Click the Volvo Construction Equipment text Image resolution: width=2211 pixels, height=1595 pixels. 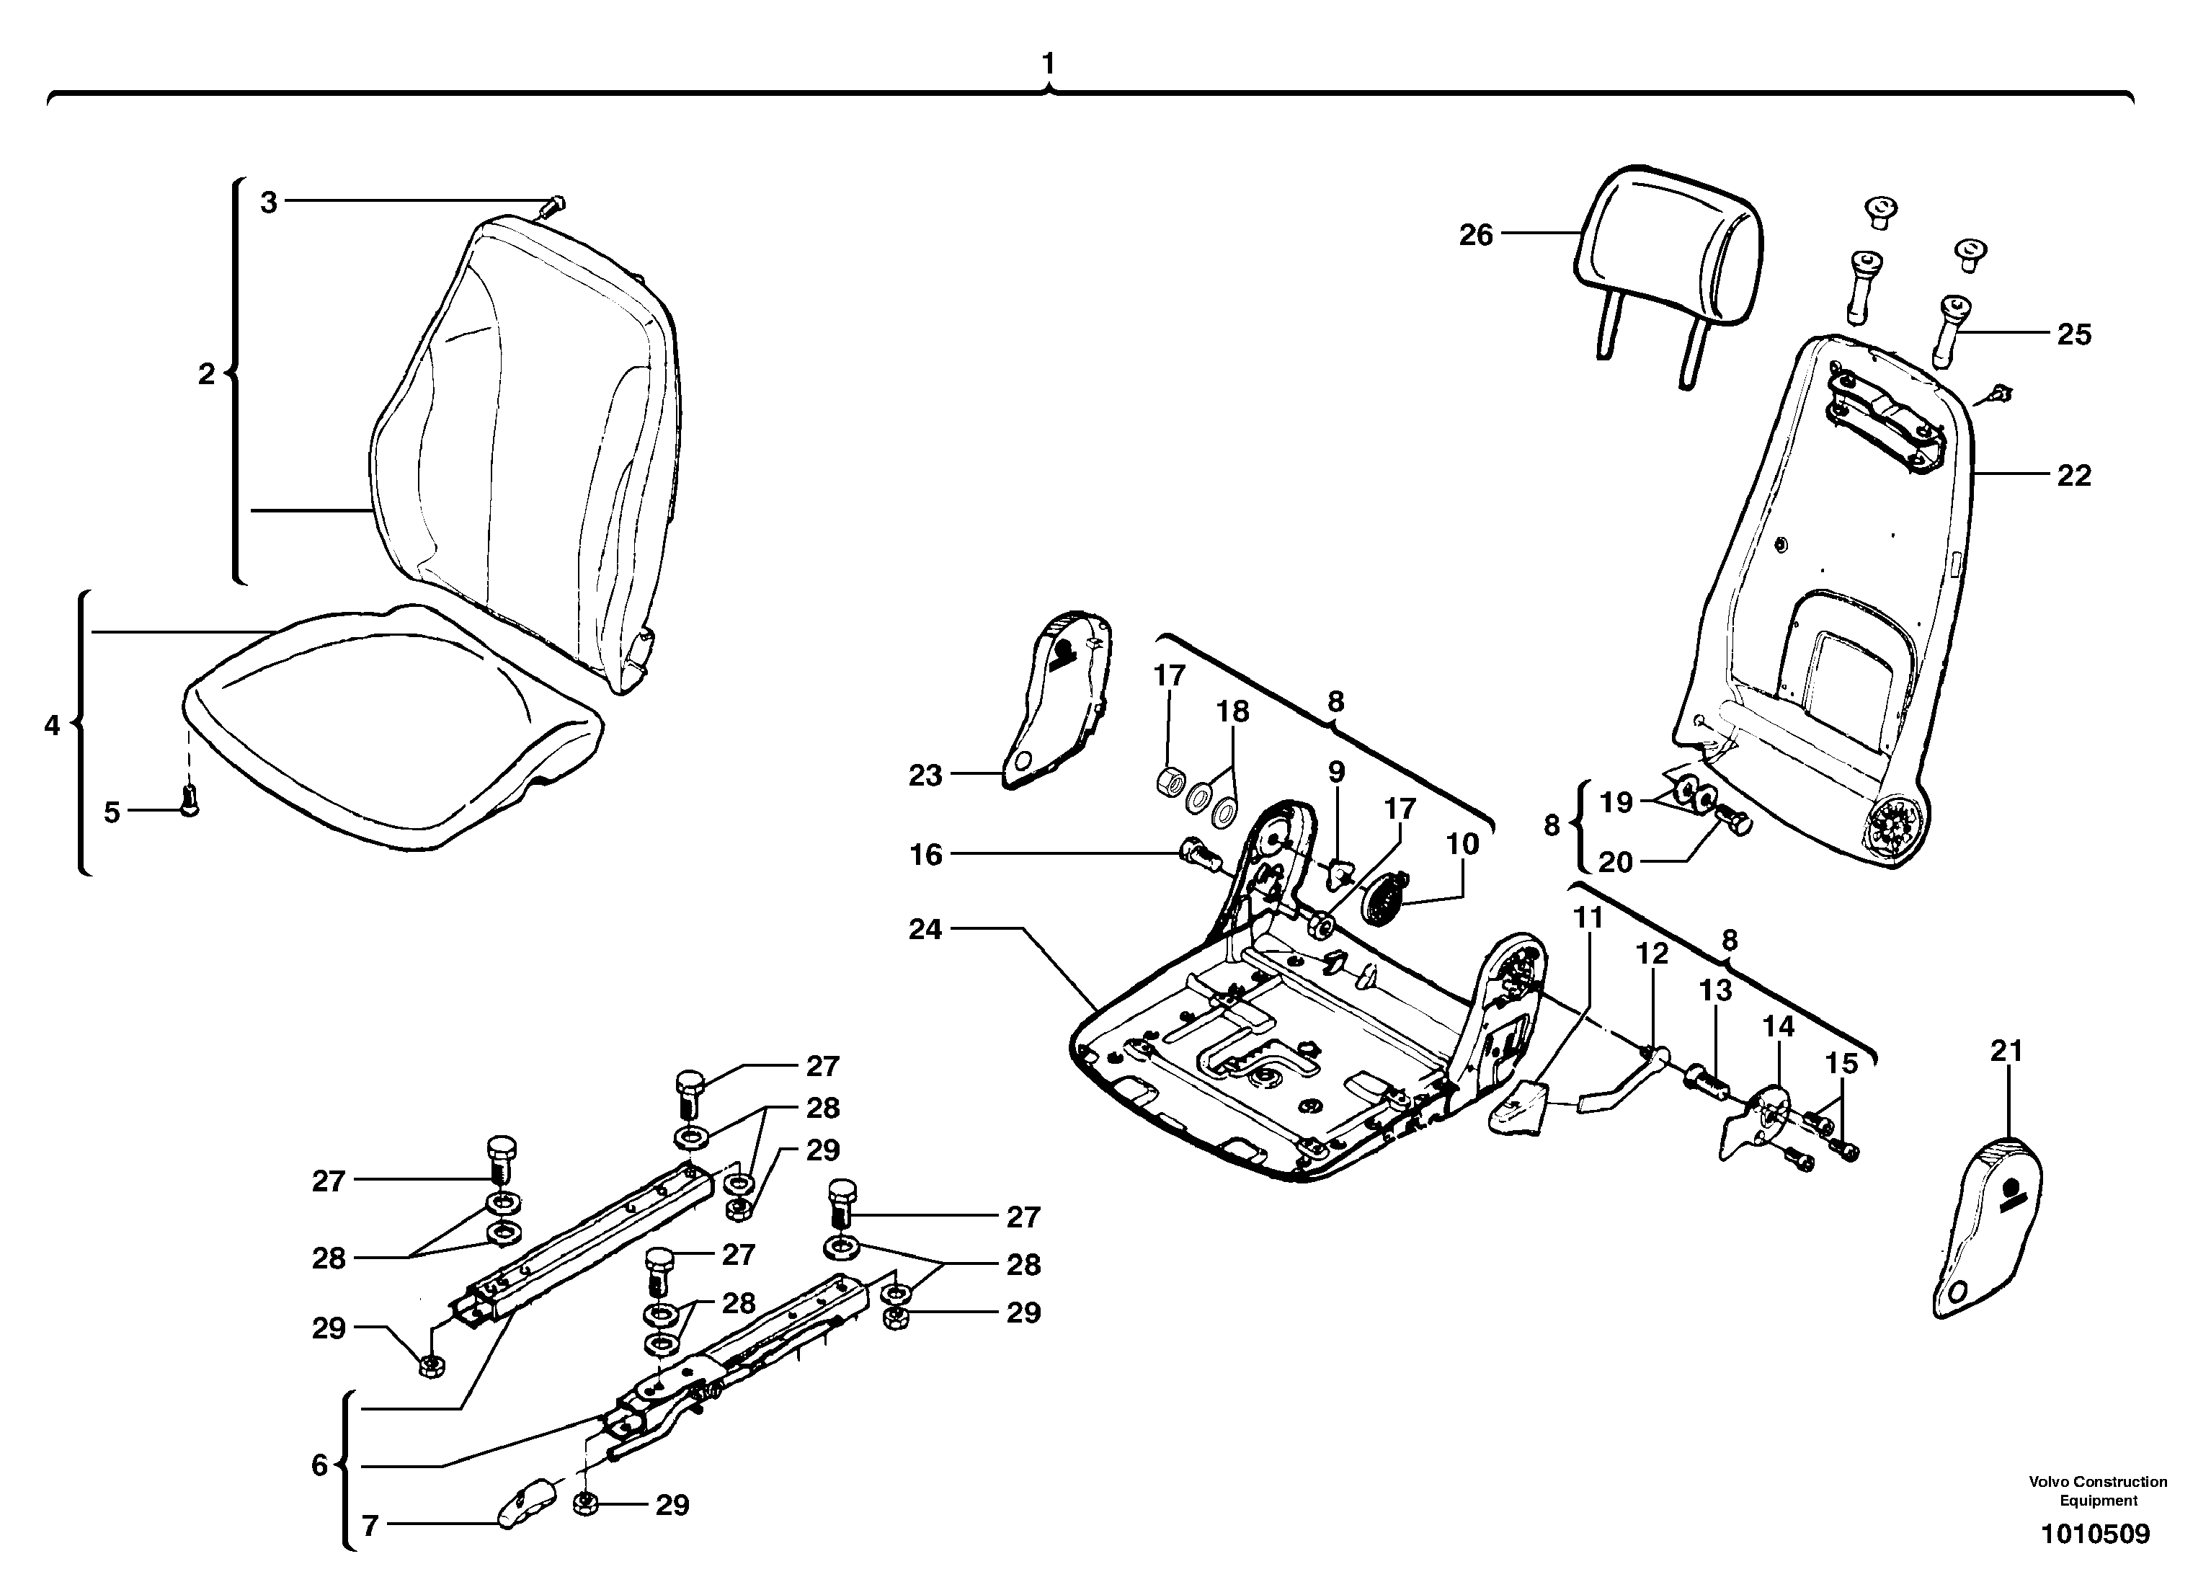2098,1490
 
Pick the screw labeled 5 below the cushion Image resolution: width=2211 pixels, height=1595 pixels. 191,799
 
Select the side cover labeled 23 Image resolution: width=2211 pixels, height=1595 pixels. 1058,700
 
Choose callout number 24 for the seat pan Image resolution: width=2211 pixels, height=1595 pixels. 925,929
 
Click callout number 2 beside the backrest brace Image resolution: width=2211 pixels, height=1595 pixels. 205,373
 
